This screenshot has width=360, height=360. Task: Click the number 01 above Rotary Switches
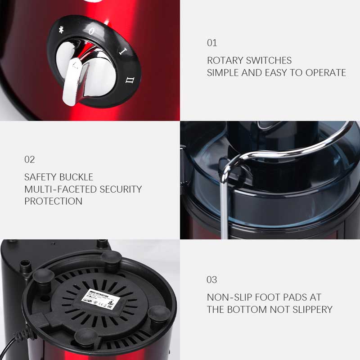click(212, 43)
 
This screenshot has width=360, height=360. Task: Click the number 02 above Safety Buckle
click(29, 160)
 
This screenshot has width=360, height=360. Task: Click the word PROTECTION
click(53, 201)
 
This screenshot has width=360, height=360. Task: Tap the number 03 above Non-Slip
click(212, 280)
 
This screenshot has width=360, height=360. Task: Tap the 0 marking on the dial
click(92, 31)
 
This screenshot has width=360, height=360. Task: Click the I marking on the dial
click(121, 50)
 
